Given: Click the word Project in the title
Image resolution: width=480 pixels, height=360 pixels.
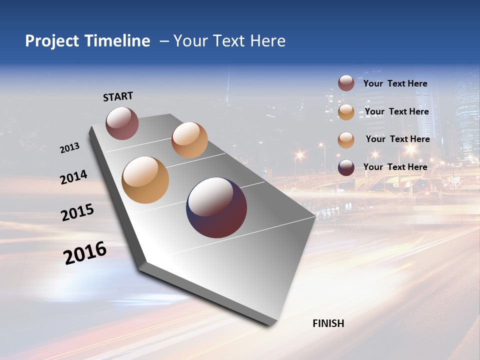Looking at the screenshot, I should [51, 41].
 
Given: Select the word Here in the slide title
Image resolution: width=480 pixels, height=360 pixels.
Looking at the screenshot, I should [267, 41].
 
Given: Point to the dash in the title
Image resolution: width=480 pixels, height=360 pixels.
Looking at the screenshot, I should [163, 41].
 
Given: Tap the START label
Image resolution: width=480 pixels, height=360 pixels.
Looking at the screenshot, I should [118, 96].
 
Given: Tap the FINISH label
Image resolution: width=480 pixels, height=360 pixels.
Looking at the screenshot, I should [328, 323].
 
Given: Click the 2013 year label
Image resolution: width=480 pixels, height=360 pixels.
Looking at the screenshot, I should [69, 148].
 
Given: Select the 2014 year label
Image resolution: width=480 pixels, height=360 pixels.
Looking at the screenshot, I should [73, 177].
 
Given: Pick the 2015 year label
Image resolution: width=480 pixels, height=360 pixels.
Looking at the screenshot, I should [77, 212].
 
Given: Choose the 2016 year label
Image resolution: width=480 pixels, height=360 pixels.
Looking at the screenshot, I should [85, 253].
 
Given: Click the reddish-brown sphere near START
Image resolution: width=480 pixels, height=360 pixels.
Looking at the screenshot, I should [122, 123].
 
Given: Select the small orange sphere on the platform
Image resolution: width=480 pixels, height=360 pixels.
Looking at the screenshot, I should [189, 140].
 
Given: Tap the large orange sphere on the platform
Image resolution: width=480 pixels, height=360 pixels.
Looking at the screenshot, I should [145, 180].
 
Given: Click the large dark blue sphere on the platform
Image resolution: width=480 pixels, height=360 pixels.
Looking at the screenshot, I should [216, 207].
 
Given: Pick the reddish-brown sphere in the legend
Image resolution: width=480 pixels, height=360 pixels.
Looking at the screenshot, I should [346, 83].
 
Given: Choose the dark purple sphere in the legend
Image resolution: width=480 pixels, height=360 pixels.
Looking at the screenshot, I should [346, 167].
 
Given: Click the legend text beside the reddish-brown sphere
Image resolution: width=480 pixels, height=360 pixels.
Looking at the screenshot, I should [395, 83].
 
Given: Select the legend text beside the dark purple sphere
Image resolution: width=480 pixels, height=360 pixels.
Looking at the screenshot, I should [395, 167].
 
